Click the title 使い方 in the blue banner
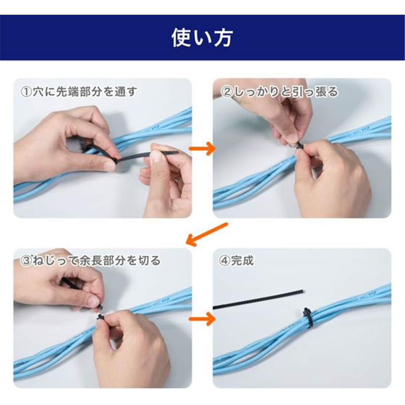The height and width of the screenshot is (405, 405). pos(202,37)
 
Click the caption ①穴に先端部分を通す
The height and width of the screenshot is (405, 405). pos(79,92)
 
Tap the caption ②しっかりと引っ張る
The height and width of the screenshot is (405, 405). pos(279,92)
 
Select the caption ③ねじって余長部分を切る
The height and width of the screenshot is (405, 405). pos(91,260)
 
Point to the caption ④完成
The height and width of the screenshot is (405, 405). pos(236,261)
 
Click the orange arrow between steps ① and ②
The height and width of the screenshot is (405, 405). pos(202,148)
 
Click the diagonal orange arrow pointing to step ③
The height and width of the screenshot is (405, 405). pos(207,234)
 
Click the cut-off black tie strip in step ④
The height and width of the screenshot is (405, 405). pos(258,299)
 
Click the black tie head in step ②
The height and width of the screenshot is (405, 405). pos(300,145)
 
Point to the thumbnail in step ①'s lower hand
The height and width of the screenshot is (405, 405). pos(156,156)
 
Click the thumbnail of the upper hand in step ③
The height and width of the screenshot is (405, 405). pos(94,301)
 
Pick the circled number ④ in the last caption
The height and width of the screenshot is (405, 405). pos(224,261)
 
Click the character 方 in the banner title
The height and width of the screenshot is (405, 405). pos(223,37)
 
